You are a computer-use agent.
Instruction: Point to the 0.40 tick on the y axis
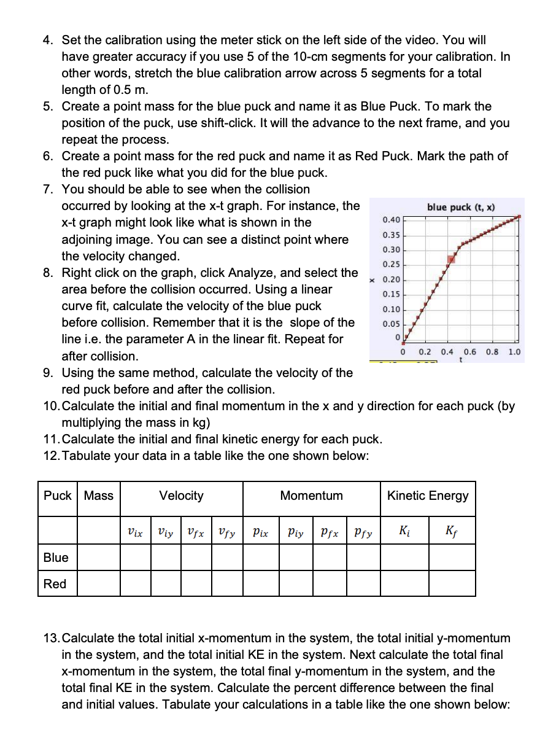pos(391,220)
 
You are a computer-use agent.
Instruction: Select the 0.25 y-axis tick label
pos(391,264)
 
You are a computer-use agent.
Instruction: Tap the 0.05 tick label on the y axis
pos(391,323)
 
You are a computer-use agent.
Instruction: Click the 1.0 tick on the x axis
pos(514,352)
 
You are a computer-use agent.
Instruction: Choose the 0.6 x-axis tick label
pos(470,352)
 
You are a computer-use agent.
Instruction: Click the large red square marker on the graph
pos(451,259)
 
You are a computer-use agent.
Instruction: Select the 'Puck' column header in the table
pos(57,496)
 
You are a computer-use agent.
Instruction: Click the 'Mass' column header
pos(98,496)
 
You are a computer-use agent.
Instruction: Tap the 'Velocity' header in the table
pos(181,496)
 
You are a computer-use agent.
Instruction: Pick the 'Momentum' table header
pos(311,496)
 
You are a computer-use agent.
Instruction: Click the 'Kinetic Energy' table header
pos(428,496)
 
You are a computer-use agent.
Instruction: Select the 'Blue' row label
pos(56,558)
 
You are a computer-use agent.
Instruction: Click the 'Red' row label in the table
pos(55,584)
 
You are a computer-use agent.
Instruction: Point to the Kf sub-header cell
pos(452,531)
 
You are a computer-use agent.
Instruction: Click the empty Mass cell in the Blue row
pos(98,558)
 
